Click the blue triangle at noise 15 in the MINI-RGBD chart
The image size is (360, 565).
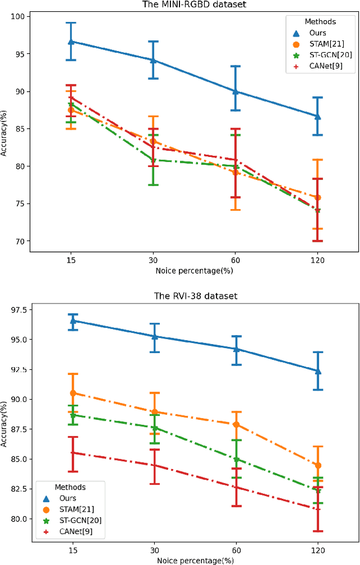click(x=71, y=42)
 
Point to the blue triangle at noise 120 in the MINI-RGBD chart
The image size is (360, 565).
click(x=318, y=116)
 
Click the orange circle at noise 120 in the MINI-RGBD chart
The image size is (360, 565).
click(x=318, y=197)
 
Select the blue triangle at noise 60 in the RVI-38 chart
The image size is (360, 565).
click(x=236, y=349)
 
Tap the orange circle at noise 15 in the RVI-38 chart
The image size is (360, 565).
click(x=71, y=393)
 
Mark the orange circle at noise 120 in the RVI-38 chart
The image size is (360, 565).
click(x=318, y=465)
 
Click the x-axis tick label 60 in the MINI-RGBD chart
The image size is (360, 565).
click(x=236, y=261)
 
